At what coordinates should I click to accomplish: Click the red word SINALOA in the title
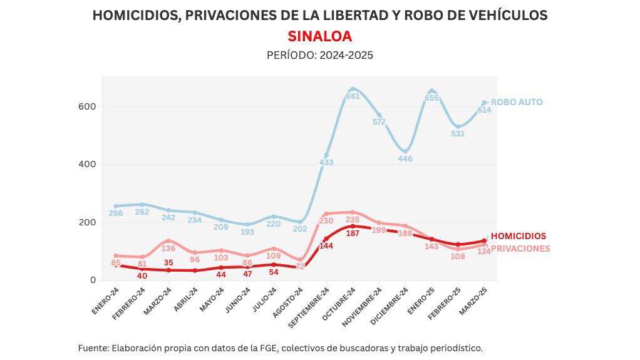319,36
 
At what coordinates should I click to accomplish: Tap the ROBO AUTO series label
517,102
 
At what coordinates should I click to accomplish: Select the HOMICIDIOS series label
518,236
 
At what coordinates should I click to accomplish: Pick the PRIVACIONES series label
520,249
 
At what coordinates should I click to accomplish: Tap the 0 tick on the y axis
92,280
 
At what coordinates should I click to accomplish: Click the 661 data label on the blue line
353,96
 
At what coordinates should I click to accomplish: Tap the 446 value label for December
405,158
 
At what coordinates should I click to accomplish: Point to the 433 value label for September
326,163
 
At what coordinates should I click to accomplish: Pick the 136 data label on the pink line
168,248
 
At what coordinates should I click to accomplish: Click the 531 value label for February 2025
458,133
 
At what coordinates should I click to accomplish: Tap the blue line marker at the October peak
353,89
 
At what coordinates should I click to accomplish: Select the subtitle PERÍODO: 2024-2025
319,55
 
